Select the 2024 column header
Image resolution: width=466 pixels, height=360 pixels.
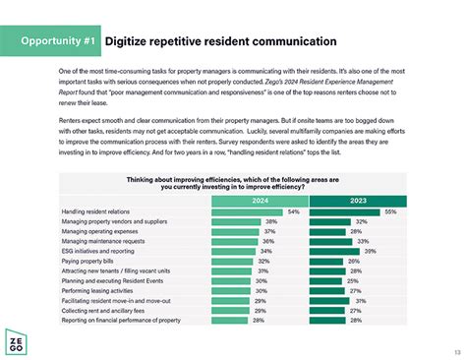tap(259, 200)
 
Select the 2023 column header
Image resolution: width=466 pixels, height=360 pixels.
tap(361, 200)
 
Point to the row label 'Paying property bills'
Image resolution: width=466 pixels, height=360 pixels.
tap(89, 261)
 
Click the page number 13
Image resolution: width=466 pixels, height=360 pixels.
tap(455, 352)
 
